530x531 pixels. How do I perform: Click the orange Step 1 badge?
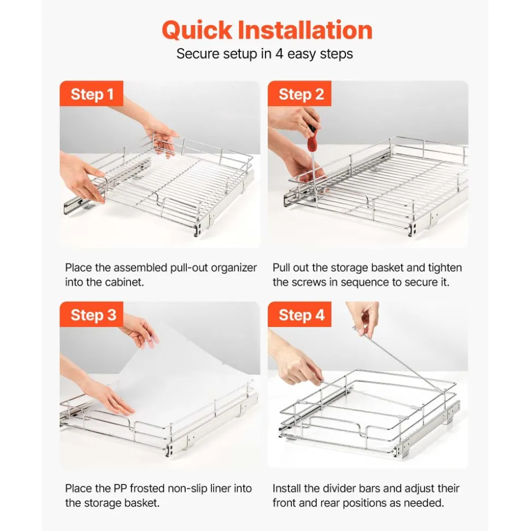point(91,94)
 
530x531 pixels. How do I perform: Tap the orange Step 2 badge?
point(299,94)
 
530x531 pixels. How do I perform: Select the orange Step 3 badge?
point(91,314)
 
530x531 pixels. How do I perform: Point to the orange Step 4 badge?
point(299,314)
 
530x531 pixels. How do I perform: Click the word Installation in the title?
point(305,30)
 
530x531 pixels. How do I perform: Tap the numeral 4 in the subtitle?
point(279,54)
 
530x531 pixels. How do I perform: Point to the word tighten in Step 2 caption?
point(445,268)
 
